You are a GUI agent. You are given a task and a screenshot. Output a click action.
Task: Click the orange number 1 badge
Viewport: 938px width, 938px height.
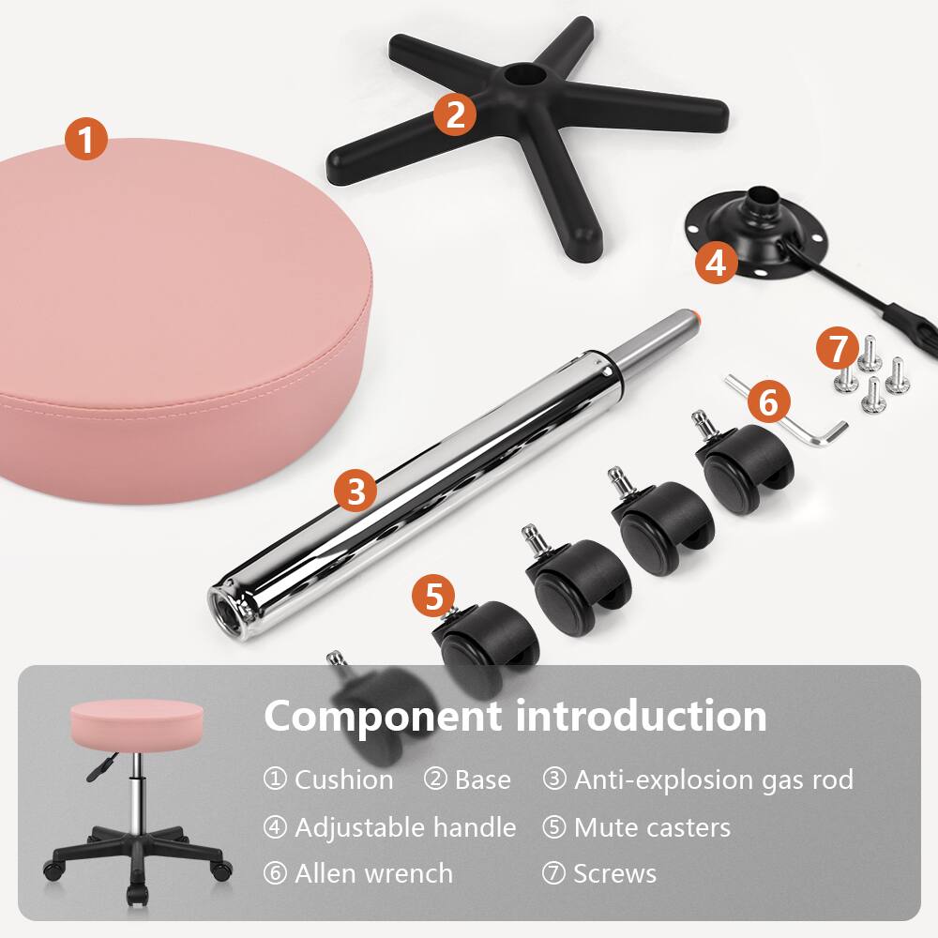click(x=86, y=141)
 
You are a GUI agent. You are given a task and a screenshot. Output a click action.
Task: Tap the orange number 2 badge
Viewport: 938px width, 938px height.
click(x=455, y=114)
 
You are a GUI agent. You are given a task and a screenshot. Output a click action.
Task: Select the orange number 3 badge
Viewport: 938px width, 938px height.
click(x=356, y=491)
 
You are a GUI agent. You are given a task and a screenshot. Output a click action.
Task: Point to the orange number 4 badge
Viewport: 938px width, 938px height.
click(x=716, y=263)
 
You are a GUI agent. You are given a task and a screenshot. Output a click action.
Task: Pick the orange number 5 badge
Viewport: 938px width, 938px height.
click(x=433, y=598)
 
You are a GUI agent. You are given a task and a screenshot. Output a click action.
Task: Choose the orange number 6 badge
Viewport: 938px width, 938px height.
click(x=768, y=402)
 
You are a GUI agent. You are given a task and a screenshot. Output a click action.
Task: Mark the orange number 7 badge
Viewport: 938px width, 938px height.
click(x=838, y=349)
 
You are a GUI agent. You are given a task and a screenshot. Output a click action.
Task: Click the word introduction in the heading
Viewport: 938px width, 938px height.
click(x=641, y=717)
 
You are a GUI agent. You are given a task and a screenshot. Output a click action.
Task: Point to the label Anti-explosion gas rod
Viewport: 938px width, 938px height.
click(x=713, y=779)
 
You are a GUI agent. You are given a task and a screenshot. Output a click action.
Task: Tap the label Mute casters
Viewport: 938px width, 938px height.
click(x=652, y=827)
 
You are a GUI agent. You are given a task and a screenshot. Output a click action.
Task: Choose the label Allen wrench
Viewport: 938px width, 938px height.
click(x=373, y=874)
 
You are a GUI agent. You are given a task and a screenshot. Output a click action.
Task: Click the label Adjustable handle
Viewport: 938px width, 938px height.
click(x=405, y=827)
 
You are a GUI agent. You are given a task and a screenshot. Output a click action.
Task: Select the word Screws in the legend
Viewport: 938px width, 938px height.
click(x=614, y=874)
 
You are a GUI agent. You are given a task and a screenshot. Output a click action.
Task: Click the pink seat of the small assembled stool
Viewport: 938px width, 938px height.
click(x=136, y=722)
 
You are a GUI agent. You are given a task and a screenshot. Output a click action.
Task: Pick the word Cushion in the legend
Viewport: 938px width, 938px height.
click(x=343, y=779)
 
